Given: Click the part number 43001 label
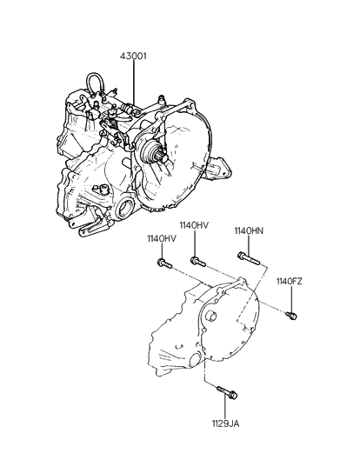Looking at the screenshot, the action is click(x=133, y=57).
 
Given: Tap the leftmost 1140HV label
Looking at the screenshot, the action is click(x=162, y=238).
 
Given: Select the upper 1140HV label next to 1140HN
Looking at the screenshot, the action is click(x=194, y=225).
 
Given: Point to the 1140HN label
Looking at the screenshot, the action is click(x=249, y=230).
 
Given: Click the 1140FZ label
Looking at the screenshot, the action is click(x=290, y=282).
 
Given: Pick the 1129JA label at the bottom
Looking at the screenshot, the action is click(x=225, y=423).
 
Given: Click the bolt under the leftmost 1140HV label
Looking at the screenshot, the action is click(x=164, y=263).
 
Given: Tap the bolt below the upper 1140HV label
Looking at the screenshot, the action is click(x=198, y=261).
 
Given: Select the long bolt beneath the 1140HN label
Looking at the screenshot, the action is click(x=249, y=258).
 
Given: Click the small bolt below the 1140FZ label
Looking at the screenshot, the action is click(x=291, y=316).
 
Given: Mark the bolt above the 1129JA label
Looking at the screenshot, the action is click(x=227, y=392).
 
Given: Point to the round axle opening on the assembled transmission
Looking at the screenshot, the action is click(x=124, y=208).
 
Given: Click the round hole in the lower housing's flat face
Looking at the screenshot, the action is click(x=210, y=316).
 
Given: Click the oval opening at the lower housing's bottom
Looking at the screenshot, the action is click(x=195, y=360).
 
